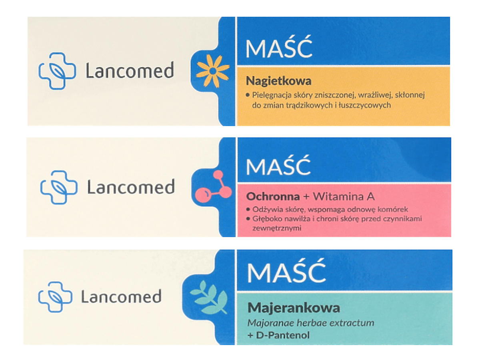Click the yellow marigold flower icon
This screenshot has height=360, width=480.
pyautogui.click(x=212, y=71)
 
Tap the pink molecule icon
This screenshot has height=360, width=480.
pyautogui.click(x=213, y=186)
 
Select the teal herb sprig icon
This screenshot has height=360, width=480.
pyautogui.click(x=209, y=297)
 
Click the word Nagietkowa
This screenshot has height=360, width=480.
pyautogui.click(x=278, y=81)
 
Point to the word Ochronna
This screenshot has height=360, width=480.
pyautogui.click(x=273, y=196)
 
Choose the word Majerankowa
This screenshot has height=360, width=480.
pyautogui.click(x=294, y=308)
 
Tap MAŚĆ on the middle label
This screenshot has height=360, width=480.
pyautogui.click(x=278, y=166)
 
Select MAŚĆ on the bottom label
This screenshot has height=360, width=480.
pyautogui.click(x=286, y=271)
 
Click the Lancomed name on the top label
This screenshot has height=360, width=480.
pyautogui.click(x=130, y=70)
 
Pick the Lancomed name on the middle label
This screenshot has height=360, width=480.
pyautogui.click(x=131, y=187)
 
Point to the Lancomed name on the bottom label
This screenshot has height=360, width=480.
pyautogui.click(x=121, y=296)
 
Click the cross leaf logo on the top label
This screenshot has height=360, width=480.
pyautogui.click(x=57, y=71)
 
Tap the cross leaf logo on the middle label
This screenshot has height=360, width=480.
pyautogui.click(x=59, y=187)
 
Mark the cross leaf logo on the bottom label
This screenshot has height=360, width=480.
pyautogui.click(x=55, y=297)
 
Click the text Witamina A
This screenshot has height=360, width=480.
pyautogui.click(x=344, y=196)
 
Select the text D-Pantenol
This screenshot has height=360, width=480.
pyautogui.click(x=283, y=335)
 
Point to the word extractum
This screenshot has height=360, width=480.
pyautogui.click(x=352, y=323)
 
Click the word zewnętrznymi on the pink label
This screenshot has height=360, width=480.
pyautogui.click(x=277, y=228)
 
